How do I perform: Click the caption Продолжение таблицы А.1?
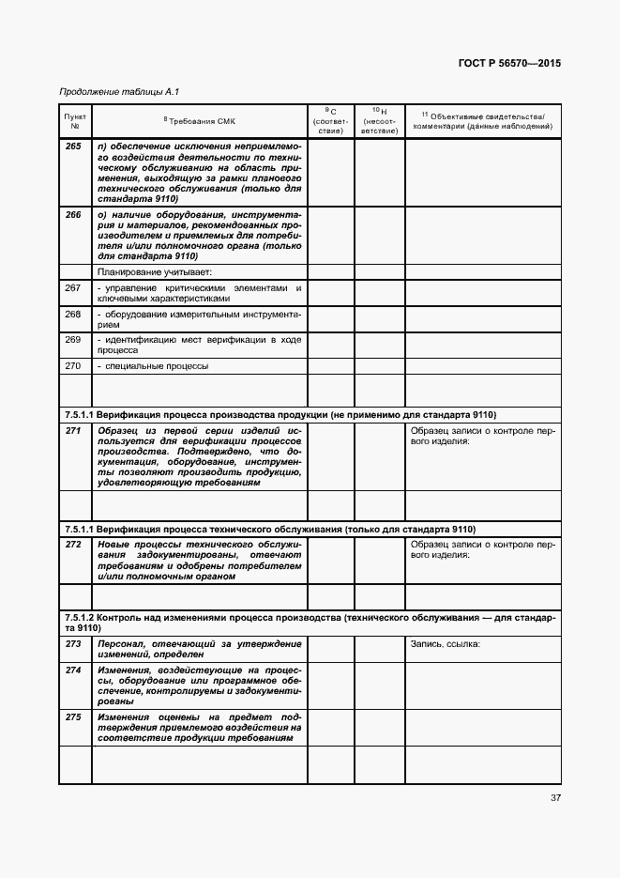[x=118, y=91]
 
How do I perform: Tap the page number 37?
[x=555, y=798]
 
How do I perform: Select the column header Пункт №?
[x=74, y=120]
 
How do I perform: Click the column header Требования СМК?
[x=200, y=120]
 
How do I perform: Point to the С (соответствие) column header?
[x=330, y=120]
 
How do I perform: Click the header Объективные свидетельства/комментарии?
[x=482, y=120]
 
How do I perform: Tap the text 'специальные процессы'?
[x=156, y=365]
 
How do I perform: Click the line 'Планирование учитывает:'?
[x=148, y=272]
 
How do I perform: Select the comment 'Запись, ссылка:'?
[x=446, y=643]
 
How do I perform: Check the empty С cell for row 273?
[x=330, y=649]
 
